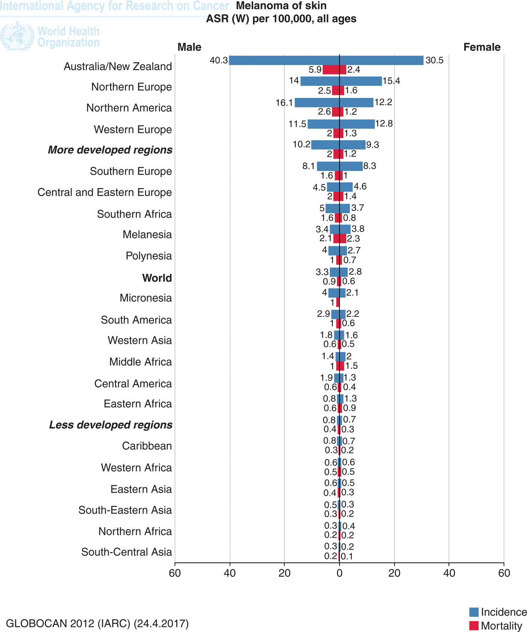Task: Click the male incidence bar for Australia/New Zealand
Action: tap(284, 60)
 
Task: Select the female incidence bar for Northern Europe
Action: tap(361, 81)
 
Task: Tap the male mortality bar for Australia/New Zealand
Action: tap(331, 70)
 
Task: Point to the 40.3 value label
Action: tap(219, 60)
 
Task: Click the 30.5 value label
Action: tap(434, 60)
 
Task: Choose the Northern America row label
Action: tap(129, 108)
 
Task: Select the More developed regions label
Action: tap(110, 150)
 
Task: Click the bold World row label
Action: tap(157, 278)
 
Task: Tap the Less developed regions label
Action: tap(111, 425)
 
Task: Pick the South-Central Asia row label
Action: tap(126, 552)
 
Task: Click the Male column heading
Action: tap(189, 47)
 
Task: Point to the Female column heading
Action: tap(482, 47)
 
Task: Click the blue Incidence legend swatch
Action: tap(473, 612)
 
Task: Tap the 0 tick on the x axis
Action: tap(339, 573)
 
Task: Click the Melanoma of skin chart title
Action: tap(281, 6)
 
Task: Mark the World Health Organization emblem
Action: tap(17, 36)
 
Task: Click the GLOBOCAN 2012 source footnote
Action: tap(97, 623)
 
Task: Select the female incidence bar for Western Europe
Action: tap(357, 124)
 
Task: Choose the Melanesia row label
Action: tap(147, 235)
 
